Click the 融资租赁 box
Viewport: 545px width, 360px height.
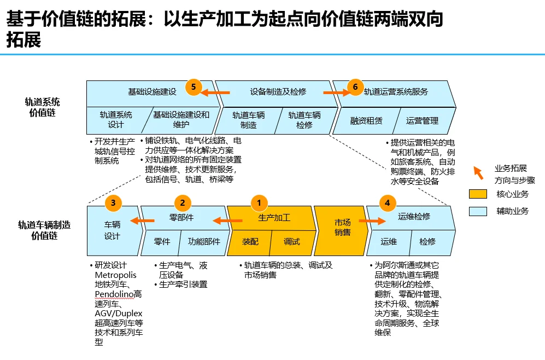click(366, 120)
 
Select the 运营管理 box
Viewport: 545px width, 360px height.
click(423, 120)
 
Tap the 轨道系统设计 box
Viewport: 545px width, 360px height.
click(115, 120)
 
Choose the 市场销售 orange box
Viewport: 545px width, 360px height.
click(342, 228)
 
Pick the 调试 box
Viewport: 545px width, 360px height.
click(291, 241)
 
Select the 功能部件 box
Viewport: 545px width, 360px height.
click(203, 241)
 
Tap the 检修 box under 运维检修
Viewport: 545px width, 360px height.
click(427, 241)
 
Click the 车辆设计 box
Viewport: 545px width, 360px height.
click(112, 230)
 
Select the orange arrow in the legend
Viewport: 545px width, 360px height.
click(478, 173)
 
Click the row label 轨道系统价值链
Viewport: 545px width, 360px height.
click(42, 107)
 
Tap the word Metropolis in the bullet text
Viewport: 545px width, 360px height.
click(115, 275)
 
